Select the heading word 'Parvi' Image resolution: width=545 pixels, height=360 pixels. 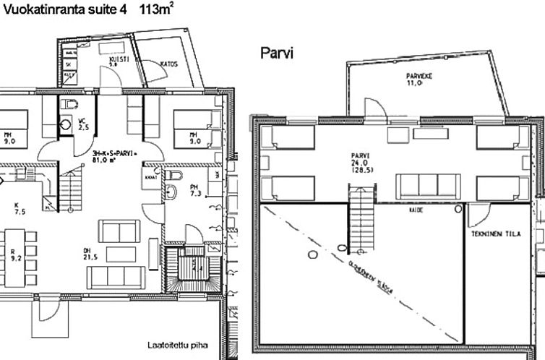278,53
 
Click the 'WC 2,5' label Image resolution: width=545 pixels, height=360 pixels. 82,124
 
